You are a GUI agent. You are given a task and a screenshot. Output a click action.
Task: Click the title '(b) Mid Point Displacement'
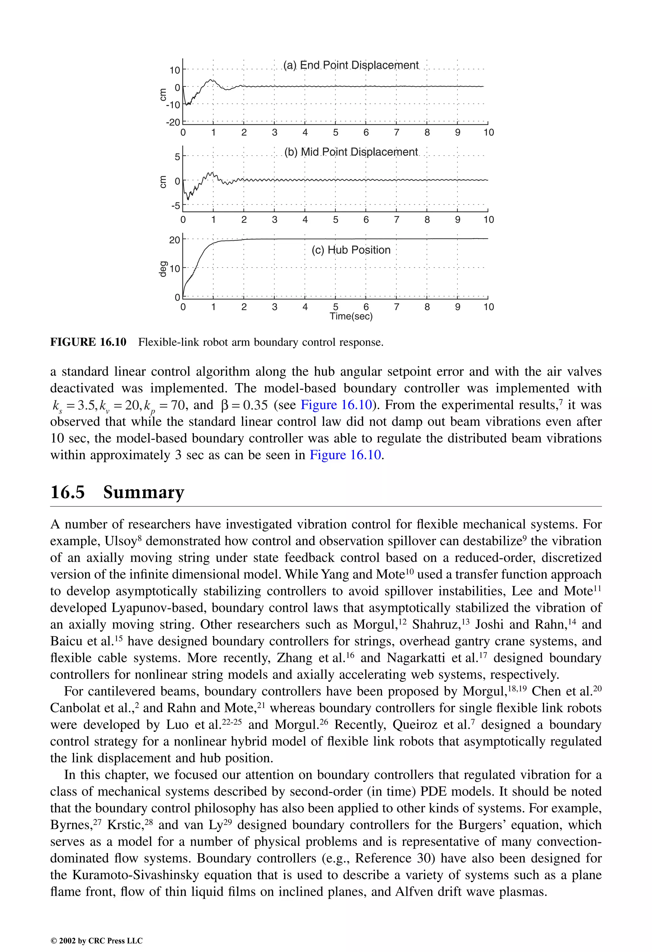[x=351, y=152]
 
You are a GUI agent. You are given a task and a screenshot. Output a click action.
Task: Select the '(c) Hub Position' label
[x=351, y=250]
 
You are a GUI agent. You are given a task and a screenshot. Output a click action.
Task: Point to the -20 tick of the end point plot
[x=173, y=122]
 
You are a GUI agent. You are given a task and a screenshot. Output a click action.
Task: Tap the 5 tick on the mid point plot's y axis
[x=177, y=157]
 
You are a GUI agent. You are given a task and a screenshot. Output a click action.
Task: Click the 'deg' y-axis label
[x=163, y=269]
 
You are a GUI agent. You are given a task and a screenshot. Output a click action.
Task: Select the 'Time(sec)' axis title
[x=351, y=316]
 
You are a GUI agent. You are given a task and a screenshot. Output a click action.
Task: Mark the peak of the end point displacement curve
[x=211, y=80]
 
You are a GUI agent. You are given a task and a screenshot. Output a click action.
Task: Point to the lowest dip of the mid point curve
[x=188, y=199]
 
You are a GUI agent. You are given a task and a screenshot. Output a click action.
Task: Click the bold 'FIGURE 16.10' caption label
[x=88, y=342]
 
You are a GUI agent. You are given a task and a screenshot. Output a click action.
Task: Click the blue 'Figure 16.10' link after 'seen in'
[x=345, y=455]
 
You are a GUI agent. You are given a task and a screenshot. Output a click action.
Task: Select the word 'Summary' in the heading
[x=144, y=492]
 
